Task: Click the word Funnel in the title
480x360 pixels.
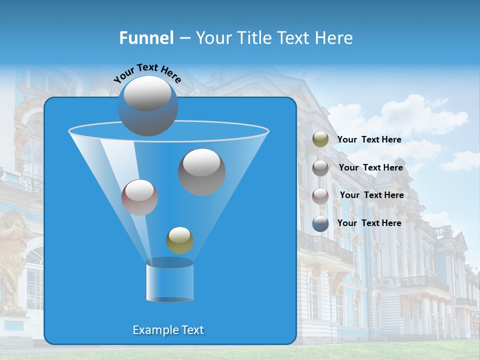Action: tap(146, 38)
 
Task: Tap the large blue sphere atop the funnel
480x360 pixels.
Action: tap(147, 105)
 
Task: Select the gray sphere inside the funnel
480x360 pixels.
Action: tap(201, 171)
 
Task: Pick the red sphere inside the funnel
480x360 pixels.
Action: tap(139, 197)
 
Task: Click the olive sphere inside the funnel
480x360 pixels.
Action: tap(179, 240)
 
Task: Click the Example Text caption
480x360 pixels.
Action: tap(168, 330)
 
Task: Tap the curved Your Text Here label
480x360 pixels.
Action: tap(147, 72)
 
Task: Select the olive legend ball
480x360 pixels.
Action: tap(320, 139)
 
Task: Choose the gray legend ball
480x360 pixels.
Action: tap(320, 167)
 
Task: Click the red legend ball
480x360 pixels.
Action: tap(320, 195)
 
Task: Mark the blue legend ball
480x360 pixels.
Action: tap(320, 223)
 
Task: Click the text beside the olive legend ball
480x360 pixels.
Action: tap(369, 139)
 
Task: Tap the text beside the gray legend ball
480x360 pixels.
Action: tap(370, 167)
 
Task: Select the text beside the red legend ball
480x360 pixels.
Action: tap(371, 195)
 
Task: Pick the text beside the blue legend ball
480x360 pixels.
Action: tap(369, 223)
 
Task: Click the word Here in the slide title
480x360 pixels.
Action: tap(334, 38)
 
